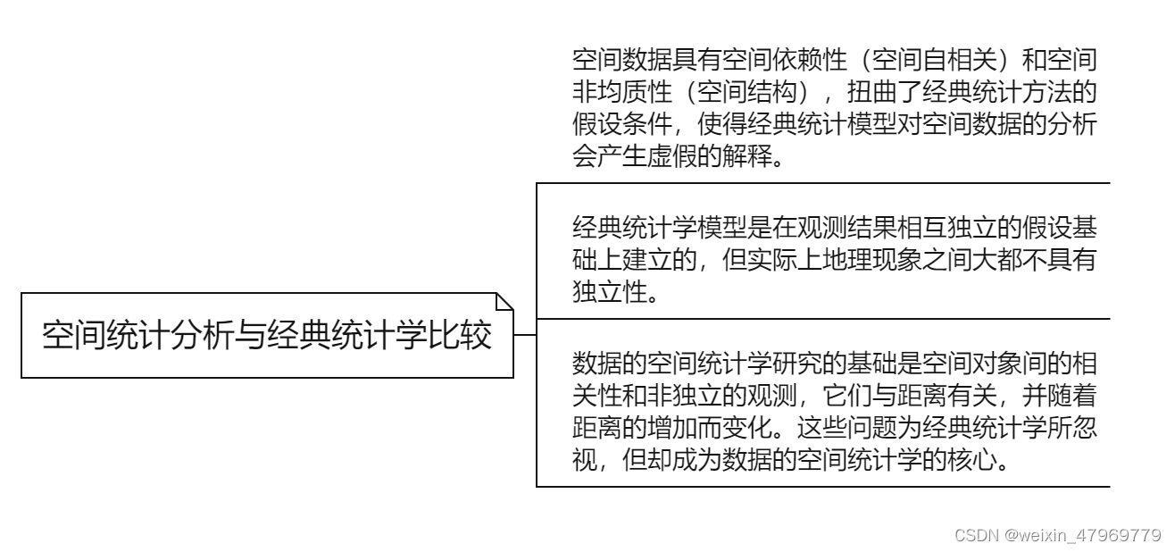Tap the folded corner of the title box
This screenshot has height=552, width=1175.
coord(504,301)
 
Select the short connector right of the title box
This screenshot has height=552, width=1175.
coord(525,336)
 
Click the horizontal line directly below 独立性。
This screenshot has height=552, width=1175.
coord(821,319)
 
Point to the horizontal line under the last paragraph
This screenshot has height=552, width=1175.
coord(821,486)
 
